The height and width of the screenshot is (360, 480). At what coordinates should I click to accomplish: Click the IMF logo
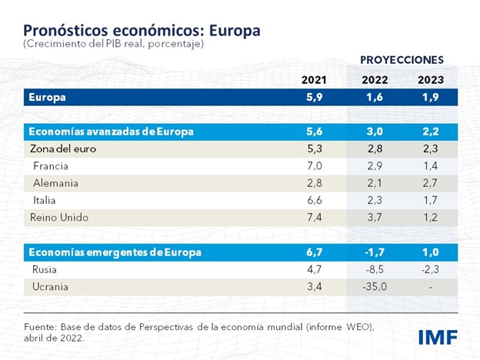point(438,336)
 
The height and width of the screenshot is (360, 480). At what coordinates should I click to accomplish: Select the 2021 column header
point(315,80)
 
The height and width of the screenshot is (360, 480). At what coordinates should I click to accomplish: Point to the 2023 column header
point(431,80)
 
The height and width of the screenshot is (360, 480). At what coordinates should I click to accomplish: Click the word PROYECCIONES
point(402,59)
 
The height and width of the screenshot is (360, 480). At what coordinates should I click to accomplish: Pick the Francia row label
point(51,165)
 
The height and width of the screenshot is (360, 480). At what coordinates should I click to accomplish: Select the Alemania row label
point(55,182)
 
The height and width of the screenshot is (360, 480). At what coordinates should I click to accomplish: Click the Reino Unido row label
point(59,217)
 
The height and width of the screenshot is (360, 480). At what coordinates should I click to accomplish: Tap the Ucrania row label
point(52,287)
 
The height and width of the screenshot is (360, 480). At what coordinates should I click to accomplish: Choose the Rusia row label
point(45,269)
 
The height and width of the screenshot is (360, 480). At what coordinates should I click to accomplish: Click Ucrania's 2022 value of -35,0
point(375,287)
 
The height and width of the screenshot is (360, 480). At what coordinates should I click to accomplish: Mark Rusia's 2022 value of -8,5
point(375,269)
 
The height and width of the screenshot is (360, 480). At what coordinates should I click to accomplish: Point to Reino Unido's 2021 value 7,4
point(315,217)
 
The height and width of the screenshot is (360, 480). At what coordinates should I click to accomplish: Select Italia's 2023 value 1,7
point(431,200)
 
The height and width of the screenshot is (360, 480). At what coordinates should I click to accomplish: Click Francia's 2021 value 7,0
point(315,165)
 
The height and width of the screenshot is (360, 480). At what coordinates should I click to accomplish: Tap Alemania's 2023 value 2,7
point(431,182)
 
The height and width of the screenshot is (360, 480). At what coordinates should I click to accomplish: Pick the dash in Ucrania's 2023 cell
point(431,287)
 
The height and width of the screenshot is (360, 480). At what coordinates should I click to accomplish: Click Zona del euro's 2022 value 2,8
point(375,148)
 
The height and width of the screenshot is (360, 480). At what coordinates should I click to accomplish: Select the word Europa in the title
point(228,30)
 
